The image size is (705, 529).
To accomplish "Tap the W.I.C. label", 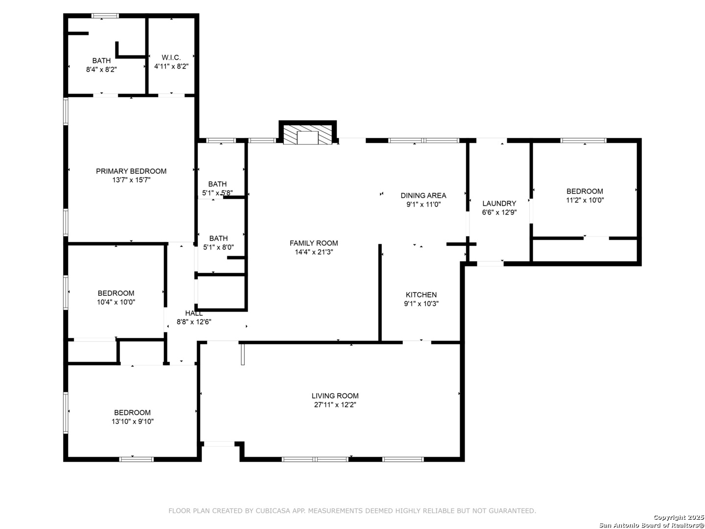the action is point(171,57).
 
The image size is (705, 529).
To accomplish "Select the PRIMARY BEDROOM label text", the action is point(131,171).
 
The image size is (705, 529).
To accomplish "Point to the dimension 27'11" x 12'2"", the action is point(335,405).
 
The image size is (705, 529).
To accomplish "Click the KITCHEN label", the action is point(421,295).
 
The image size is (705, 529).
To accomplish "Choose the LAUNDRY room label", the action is point(499,203).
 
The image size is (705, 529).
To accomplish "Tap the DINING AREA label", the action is point(423,195).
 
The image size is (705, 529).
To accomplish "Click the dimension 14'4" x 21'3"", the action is point(314,252).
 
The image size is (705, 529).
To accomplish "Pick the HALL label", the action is point(194,313).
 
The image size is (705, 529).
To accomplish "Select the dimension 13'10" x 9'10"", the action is point(132,421).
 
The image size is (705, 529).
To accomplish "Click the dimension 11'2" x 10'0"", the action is point(585,200).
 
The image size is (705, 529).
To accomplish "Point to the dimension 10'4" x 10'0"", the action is point(116,302).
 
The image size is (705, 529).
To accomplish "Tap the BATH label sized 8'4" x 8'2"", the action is point(101,61).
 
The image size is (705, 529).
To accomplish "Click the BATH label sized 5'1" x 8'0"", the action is point(218,239).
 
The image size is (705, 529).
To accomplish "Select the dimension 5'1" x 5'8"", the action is point(217,193).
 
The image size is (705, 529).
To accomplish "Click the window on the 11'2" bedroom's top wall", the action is point(583,141).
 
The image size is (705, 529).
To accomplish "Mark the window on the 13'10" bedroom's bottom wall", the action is point(136,459).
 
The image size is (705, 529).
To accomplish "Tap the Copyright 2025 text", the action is point(679,517).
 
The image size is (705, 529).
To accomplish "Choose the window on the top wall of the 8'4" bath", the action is point(105,16).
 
